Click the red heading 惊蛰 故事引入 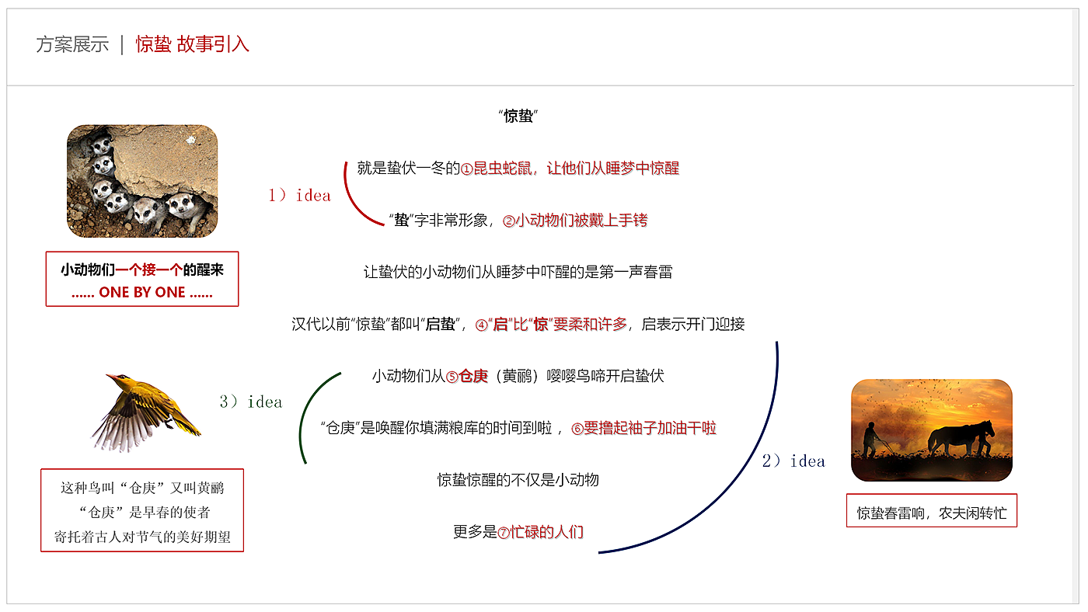192,44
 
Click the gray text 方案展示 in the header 72,44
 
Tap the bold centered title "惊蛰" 518,116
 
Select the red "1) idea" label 299,196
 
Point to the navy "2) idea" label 793,461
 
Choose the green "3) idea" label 250,402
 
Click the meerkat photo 142,181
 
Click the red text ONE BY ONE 142,293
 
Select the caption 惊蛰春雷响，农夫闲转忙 931,513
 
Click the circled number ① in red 467,169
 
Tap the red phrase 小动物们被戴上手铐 581,221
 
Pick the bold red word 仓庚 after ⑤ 473,377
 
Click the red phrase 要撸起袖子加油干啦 650,428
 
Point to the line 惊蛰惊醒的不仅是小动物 518,480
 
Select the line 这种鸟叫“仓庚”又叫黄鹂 142,489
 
